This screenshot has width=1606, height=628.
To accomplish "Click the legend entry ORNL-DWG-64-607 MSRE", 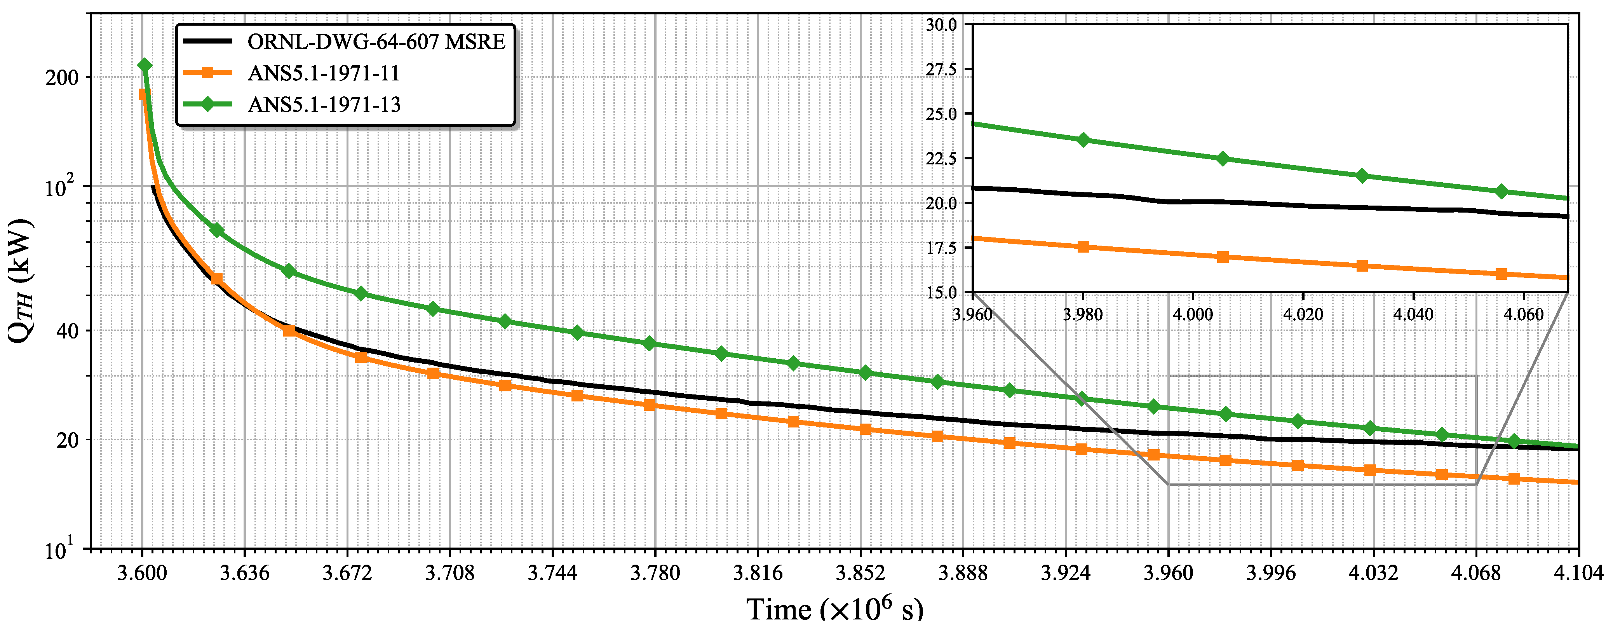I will [376, 42].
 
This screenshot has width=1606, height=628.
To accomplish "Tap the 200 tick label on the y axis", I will [62, 78].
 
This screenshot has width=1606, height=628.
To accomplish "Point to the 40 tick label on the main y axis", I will [67, 331].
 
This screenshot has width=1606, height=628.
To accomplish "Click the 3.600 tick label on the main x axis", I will [142, 572].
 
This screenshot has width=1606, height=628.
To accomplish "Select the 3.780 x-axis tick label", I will [655, 572].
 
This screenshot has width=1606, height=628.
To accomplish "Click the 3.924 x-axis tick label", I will [1066, 572].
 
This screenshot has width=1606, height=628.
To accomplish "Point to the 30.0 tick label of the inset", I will [941, 25].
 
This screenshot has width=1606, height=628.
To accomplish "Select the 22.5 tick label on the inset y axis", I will [941, 159].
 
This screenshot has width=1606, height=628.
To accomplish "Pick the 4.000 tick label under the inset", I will [1193, 314].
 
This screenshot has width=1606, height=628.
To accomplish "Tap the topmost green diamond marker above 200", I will [145, 66].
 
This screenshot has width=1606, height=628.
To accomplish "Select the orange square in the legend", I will [207, 73].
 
